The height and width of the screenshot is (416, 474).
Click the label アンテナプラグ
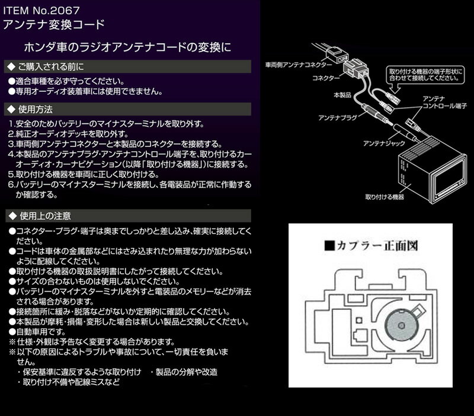tap(336, 119)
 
